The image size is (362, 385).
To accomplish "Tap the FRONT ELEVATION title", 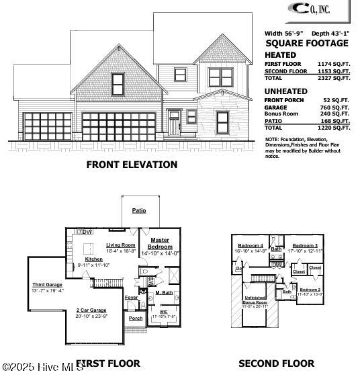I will coord(132,165).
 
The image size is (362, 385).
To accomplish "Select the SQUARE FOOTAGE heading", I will coord(307,43).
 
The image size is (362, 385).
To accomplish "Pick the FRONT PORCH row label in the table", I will coord(284,99).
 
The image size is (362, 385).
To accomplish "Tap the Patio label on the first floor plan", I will coord(139,210).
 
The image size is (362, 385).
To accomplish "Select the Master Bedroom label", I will coord(160,243).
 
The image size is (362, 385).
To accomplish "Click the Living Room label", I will coord(121,245).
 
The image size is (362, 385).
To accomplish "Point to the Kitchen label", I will coord(93,259).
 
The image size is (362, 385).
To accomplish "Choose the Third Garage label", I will coord(47,285).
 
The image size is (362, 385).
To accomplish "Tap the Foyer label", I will coord(132,297).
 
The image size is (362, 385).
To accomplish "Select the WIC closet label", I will coord(163,311).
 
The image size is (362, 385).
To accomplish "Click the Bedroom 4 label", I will coord(251,245).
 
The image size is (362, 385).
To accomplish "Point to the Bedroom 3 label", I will coord(305,245).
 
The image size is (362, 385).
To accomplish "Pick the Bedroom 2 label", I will coord(310,289).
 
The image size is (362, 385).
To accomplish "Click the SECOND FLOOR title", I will coord(277,363).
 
